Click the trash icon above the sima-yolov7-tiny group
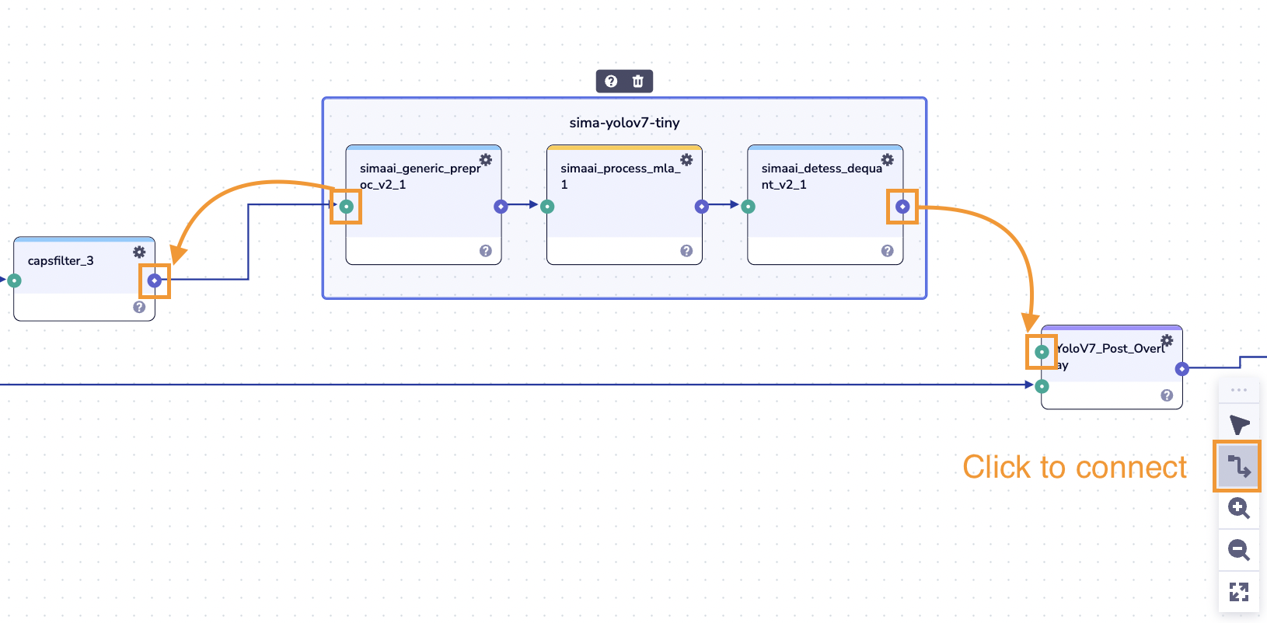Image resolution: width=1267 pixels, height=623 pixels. [637, 82]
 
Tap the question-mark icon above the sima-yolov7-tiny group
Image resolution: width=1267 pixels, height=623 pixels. [611, 82]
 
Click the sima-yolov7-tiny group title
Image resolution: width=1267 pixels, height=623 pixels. [624, 123]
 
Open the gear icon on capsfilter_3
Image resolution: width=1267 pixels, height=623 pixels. [139, 252]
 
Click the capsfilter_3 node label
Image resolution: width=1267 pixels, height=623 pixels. [61, 261]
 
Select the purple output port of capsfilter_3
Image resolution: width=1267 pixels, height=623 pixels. [155, 280]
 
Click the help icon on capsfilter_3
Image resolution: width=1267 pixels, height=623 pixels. [139, 307]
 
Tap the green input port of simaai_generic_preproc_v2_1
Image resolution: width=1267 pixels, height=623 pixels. [347, 207]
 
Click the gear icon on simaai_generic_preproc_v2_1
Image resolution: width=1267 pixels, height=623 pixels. [486, 159]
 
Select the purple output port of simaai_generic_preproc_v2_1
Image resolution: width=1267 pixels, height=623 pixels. [501, 207]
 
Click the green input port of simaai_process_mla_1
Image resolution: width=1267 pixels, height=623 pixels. [547, 207]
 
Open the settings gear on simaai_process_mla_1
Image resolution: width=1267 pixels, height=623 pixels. [686, 159]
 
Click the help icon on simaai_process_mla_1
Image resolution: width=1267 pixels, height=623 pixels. [686, 251]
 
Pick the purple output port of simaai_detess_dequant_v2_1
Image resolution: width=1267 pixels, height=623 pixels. [902, 207]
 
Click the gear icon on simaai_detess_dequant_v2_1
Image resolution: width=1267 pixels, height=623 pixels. [888, 159]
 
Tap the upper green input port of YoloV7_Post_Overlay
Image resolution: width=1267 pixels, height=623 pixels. [1042, 352]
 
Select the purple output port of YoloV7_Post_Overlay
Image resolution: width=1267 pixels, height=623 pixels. [1181, 369]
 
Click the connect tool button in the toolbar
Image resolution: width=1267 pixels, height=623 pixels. [1238, 466]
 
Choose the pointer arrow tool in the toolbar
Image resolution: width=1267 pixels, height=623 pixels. [1238, 425]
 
